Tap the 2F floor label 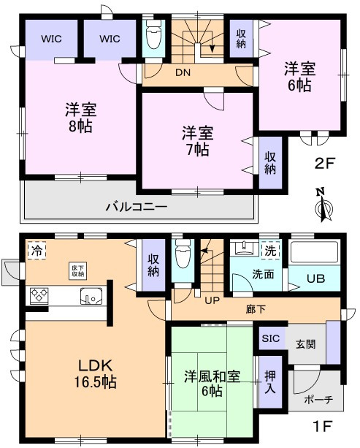324,163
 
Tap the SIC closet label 270,338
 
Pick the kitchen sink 93,297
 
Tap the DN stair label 183,72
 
